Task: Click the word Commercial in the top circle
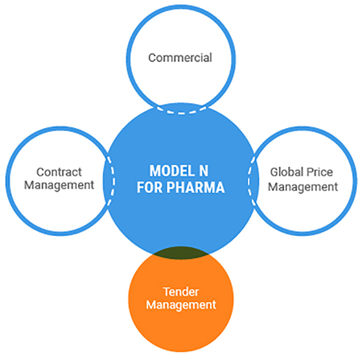pos(180,58)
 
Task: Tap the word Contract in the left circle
pos(59,172)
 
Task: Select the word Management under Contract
pos(60,185)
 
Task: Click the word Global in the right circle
pos(285,172)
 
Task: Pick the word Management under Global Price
pos(303,187)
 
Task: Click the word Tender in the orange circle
pos(181,292)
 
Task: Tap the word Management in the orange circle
pos(181,305)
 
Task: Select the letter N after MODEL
pos(204,171)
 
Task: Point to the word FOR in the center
pos(149,188)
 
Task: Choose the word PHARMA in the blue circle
pos(195,188)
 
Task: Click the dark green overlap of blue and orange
pos(181,253)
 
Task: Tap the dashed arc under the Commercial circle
pos(181,113)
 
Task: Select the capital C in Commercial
pos(152,58)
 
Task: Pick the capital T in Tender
pos(167,292)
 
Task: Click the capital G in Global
pos(274,172)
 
